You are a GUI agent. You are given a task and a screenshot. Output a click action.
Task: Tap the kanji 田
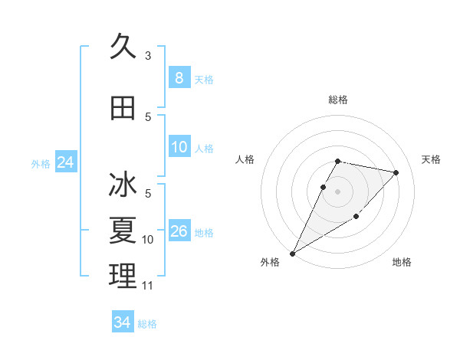pos(123,108)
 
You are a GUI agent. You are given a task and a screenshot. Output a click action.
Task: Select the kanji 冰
pos(123,185)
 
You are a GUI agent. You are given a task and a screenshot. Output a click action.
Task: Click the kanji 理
pos(123,274)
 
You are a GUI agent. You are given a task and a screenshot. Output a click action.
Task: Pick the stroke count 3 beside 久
pos(148,55)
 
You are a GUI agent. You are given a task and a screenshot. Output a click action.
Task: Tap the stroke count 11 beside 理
pos(148,286)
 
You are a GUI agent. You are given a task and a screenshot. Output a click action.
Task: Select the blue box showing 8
pos(179,78)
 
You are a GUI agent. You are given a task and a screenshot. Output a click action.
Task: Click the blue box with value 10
pos(179,147)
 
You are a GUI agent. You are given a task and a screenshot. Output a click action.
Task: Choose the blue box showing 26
pos(179,231)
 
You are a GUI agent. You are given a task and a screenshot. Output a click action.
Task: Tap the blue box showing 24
pos(66,162)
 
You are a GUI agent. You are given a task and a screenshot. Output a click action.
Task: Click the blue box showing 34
pos(122,322)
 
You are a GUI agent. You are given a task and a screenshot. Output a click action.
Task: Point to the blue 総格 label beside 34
pos(147,324)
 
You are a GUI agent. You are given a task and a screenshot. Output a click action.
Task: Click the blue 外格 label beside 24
pos(41,164)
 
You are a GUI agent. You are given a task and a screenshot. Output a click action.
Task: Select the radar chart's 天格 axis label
pos(431,159)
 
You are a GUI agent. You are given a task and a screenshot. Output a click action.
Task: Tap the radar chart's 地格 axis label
pos(402,262)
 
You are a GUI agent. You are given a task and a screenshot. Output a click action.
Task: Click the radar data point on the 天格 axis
pos(396,173)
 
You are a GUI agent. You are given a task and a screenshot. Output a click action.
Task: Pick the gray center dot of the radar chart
pos(338,191)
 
